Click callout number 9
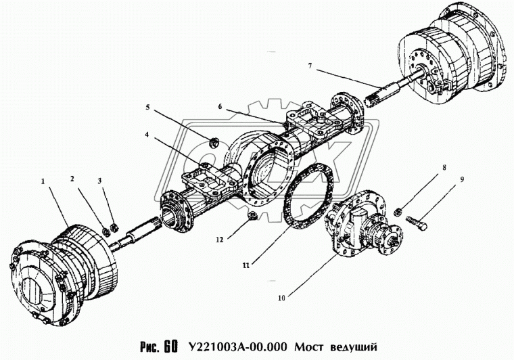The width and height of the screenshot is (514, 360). click(x=444, y=179)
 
